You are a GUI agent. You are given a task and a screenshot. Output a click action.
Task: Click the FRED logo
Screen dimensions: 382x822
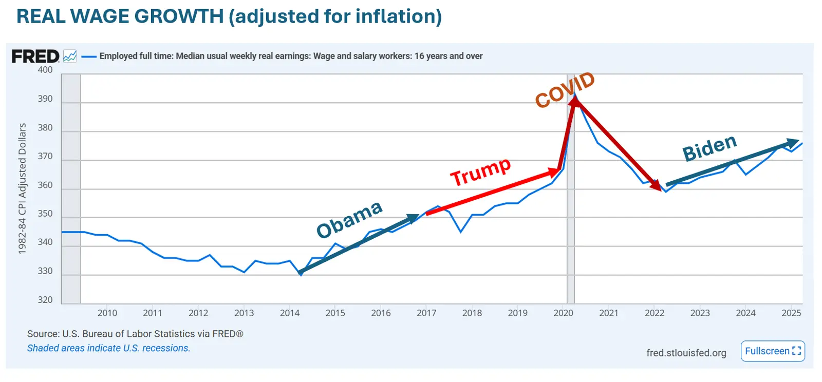pos(35,56)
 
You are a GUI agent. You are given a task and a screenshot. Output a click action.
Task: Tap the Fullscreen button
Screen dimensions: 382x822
pos(773,351)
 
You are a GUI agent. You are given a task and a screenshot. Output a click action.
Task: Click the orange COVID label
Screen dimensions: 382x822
pos(565,90)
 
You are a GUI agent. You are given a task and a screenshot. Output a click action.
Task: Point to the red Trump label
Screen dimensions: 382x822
pos(480,172)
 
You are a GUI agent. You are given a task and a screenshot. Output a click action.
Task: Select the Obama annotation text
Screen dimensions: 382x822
pos(349,220)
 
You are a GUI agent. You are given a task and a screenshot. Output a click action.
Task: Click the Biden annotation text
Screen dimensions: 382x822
pos(709,148)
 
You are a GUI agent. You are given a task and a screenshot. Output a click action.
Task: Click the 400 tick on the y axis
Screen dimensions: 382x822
pos(45,70)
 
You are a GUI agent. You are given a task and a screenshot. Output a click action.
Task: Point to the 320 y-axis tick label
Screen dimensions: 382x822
pos(45,300)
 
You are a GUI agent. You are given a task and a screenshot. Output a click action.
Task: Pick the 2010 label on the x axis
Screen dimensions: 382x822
pos(107,313)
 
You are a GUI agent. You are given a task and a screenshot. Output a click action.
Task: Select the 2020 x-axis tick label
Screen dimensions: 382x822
pos(563,313)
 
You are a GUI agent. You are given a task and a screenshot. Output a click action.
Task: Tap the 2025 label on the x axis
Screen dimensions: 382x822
pos(791,313)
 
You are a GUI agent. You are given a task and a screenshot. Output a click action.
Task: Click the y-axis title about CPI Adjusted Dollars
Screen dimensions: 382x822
pos(22,188)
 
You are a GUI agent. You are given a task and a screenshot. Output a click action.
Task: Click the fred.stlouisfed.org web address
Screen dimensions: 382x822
pos(686,353)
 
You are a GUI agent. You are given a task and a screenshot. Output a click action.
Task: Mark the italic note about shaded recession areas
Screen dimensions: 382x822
pos(108,348)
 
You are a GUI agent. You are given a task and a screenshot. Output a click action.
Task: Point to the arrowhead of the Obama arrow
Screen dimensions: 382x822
pos(414,218)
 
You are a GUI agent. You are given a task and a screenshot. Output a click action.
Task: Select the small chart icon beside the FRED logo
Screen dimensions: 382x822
pos(70,56)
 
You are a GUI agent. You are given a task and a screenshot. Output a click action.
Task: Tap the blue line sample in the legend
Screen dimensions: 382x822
pos(89,56)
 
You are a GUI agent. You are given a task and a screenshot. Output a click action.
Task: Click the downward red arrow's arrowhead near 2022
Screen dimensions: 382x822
pos(656,186)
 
